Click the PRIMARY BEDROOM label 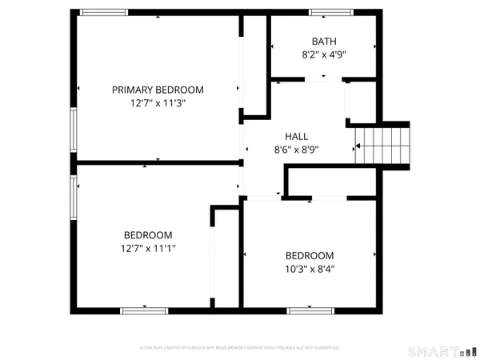[158, 90]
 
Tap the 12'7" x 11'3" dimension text [158, 103]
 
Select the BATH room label [324, 41]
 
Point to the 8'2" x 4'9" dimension [324, 54]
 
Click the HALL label [296, 137]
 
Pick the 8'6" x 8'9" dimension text [296, 150]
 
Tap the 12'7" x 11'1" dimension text [148, 249]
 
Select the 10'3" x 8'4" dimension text [310, 270]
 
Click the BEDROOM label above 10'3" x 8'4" [310, 256]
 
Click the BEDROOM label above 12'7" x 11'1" [148, 235]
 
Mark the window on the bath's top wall [332, 12]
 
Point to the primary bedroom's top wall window [104, 12]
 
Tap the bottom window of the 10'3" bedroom [310, 309]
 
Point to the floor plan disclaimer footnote [239, 348]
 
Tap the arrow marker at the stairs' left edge [359, 146]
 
